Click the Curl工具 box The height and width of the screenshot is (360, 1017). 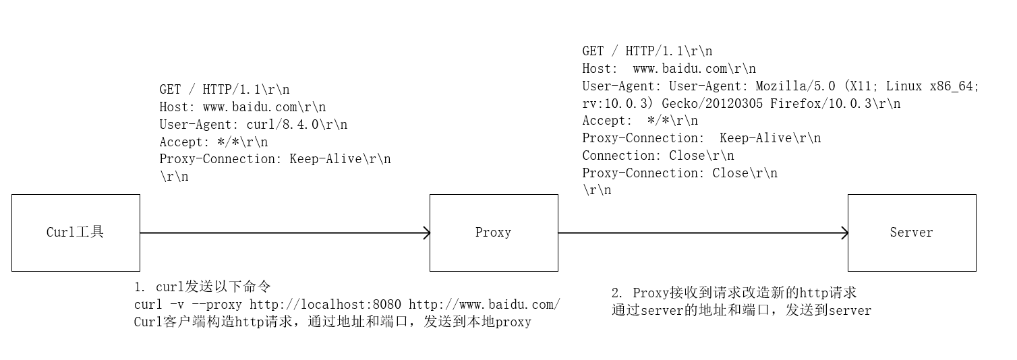pos(76,233)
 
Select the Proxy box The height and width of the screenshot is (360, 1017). pos(494,233)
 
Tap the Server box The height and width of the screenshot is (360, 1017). pos(911,233)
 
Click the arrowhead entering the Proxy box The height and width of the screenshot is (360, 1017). pos(426,233)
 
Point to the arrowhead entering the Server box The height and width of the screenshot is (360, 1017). pos(844,233)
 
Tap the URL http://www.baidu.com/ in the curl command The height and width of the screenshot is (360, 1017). pos(484,305)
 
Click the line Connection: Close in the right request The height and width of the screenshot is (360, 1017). pos(658,156)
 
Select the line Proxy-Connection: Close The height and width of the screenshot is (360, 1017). pos(680,173)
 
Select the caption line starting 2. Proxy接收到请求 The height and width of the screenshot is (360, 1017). pos(734,293)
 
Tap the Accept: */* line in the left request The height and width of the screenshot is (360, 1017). pos(213,142)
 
